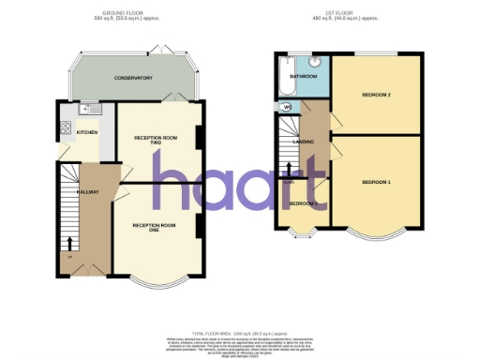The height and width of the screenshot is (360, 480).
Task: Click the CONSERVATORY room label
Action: point(132,78)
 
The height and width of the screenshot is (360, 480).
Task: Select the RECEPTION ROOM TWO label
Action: point(156,140)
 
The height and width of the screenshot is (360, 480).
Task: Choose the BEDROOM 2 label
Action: point(376,96)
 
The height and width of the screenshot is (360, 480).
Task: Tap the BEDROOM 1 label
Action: point(376,181)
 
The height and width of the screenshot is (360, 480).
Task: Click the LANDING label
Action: point(304,142)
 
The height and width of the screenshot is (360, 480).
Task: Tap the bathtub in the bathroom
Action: point(284,82)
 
